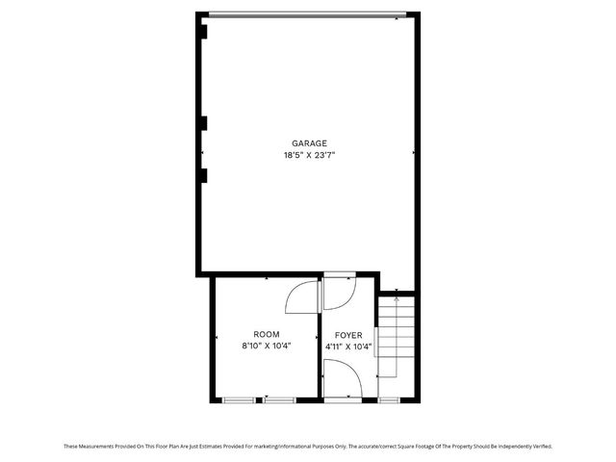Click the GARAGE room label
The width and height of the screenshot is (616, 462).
tap(309, 142)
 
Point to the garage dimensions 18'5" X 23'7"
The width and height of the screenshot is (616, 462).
tap(309, 154)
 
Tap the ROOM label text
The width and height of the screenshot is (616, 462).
tap(267, 334)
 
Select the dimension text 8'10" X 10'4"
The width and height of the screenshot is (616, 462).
tap(267, 346)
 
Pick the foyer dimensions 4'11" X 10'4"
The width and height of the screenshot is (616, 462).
tap(348, 346)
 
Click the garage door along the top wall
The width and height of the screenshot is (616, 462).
tap(308, 13)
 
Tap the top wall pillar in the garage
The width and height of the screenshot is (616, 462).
tap(203, 30)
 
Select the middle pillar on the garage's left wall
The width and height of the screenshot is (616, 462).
tap(203, 122)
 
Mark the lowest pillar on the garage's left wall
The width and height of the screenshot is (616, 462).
tap(203, 174)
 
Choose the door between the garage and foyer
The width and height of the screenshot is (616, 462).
tap(339, 288)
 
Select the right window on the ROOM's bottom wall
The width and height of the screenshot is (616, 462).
tap(280, 398)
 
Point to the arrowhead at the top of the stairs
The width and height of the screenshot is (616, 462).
tap(397, 300)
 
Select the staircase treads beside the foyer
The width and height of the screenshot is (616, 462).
tap(396, 337)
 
